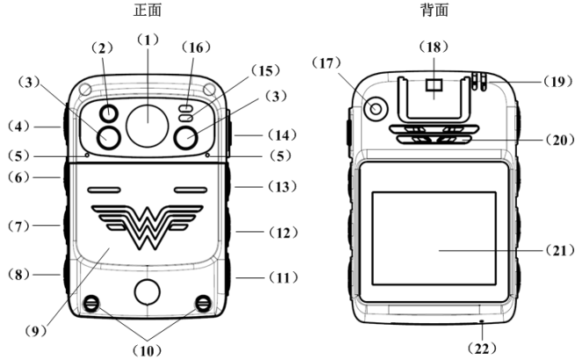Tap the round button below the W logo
pos(147,292)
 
